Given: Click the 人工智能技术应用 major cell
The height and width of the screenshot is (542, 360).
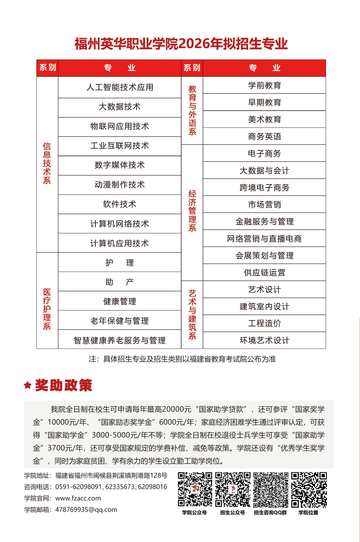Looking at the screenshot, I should [x=120, y=87].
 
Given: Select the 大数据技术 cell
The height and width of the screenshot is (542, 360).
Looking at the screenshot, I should [x=120, y=107].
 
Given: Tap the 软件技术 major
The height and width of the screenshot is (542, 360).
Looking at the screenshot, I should [x=120, y=204].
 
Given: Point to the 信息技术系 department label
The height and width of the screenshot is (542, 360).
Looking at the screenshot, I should [x=47, y=163].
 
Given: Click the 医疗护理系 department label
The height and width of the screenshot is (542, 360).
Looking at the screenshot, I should [x=47, y=309].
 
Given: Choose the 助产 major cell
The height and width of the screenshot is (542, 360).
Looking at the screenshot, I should [x=120, y=282].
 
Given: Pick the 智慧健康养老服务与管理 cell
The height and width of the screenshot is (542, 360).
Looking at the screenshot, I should [x=120, y=340].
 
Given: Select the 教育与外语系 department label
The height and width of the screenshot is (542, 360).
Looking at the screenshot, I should [x=192, y=110].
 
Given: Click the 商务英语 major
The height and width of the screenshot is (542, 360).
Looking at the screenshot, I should [x=264, y=136].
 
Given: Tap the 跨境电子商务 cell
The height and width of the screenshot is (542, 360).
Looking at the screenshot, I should [x=264, y=188].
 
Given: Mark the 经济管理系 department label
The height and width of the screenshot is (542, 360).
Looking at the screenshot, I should [x=192, y=211].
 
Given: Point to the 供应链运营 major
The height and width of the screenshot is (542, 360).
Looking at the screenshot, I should [x=264, y=273].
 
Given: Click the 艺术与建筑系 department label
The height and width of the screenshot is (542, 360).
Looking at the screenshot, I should [x=192, y=315].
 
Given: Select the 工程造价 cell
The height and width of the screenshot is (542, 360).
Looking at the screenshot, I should [x=264, y=324].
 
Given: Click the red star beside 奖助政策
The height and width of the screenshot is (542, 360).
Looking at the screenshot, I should [x=28, y=385].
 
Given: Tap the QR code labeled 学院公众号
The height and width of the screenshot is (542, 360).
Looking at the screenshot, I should [x=195, y=490].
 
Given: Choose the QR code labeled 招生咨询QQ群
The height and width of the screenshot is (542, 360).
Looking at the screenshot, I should [x=271, y=490].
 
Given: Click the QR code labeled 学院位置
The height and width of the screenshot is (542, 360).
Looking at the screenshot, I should [x=309, y=490].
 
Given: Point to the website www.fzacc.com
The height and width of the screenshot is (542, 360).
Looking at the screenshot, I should [x=78, y=498].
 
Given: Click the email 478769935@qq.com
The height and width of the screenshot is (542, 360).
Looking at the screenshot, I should [x=86, y=510].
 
